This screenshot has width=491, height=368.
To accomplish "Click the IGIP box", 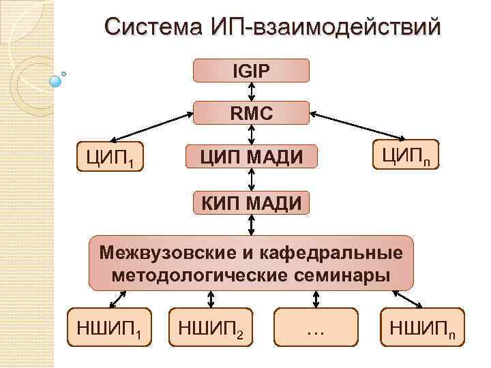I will click(252, 70).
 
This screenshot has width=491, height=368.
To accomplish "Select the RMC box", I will click(252, 113).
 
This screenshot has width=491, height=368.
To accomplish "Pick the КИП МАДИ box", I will click(252, 202).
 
